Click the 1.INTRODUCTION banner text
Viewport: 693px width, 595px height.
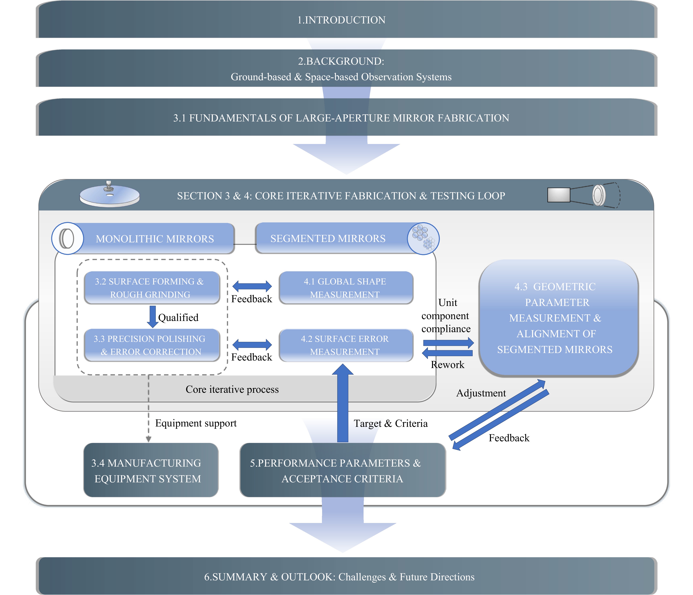click(341, 20)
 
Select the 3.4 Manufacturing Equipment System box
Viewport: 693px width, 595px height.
click(151, 470)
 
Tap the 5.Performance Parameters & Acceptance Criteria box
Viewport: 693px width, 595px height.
click(343, 470)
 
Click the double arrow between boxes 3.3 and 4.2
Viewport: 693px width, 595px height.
click(252, 345)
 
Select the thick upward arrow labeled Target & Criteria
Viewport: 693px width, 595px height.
click(343, 403)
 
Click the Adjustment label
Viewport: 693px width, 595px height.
click(481, 393)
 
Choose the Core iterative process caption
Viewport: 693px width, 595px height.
click(232, 389)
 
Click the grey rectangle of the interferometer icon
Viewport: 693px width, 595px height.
click(559, 195)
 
